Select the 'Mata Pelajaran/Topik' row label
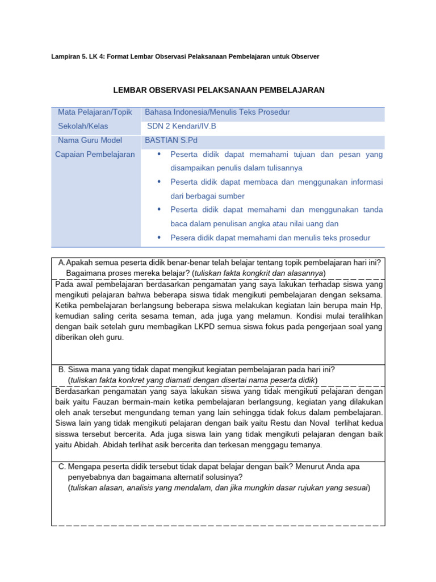point(94,113)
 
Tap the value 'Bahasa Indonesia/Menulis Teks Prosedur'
point(217,113)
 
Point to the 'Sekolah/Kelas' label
point(83,126)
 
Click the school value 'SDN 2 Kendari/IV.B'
point(182,126)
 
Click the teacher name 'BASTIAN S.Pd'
point(171,140)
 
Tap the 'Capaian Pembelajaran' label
point(95,154)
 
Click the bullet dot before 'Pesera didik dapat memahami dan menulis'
point(159,238)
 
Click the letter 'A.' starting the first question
point(62,262)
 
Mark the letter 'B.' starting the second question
point(62,369)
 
